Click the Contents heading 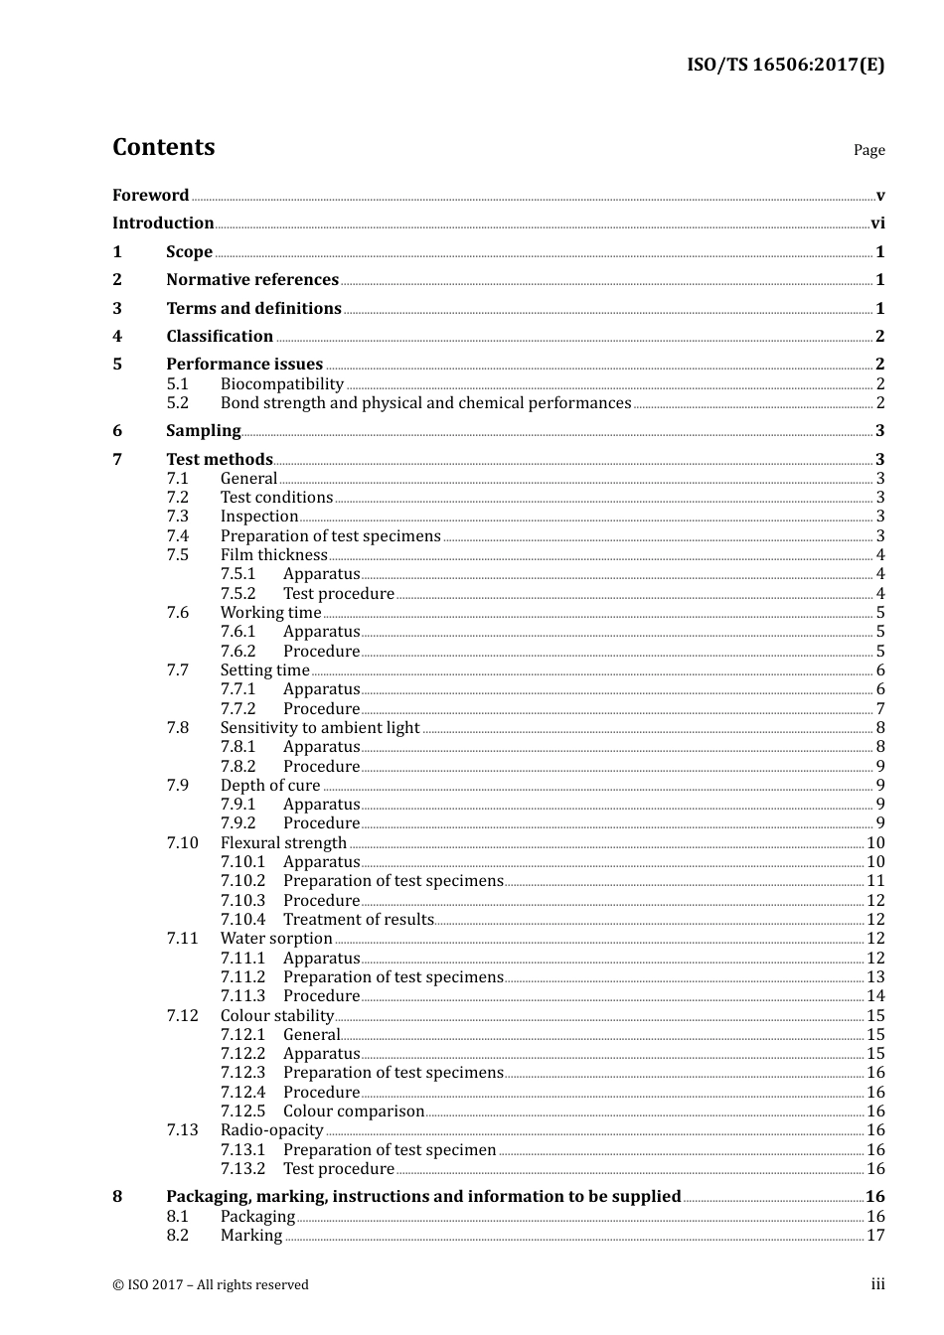pyautogui.click(x=163, y=147)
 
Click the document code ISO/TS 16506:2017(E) pyautogui.click(x=785, y=66)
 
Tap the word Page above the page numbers pyautogui.click(x=868, y=150)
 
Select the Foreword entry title pyautogui.click(x=150, y=196)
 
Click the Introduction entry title pyautogui.click(x=163, y=223)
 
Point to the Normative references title pyautogui.click(x=252, y=280)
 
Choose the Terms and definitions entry pyautogui.click(x=253, y=309)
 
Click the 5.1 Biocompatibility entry pyautogui.click(x=282, y=384)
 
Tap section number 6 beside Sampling pyautogui.click(x=117, y=431)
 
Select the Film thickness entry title pyautogui.click(x=273, y=555)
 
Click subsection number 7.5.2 pyautogui.click(x=237, y=594)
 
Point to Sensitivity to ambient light pyautogui.click(x=320, y=728)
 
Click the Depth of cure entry pyautogui.click(x=270, y=786)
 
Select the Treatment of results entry pyautogui.click(x=358, y=920)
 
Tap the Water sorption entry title pyautogui.click(x=276, y=939)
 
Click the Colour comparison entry pyautogui.click(x=353, y=1112)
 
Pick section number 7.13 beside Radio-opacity pyautogui.click(x=182, y=1130)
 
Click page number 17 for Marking pyautogui.click(x=875, y=1236)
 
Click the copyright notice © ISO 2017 pyautogui.click(x=210, y=1285)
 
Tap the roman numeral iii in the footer pyautogui.click(x=877, y=1284)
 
